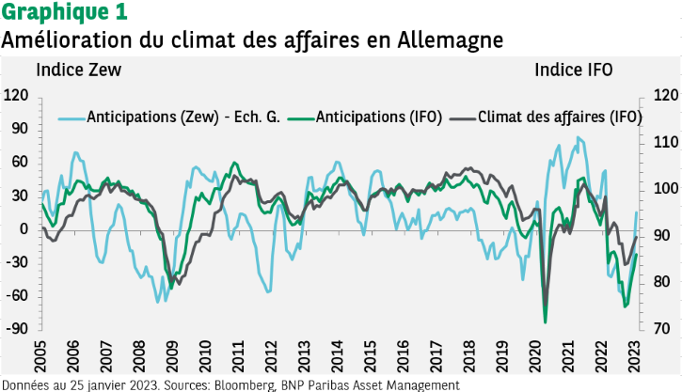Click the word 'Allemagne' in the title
(x=452, y=40)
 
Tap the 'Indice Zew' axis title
(x=78, y=70)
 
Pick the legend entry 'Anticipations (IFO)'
(x=373, y=117)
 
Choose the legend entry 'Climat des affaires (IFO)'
(x=560, y=117)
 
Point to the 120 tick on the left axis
(x=16, y=95)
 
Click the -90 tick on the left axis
(x=16, y=328)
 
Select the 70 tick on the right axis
(x=661, y=328)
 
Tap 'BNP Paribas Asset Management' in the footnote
(x=369, y=384)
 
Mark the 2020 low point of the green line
(x=546, y=322)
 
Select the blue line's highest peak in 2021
(x=579, y=138)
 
